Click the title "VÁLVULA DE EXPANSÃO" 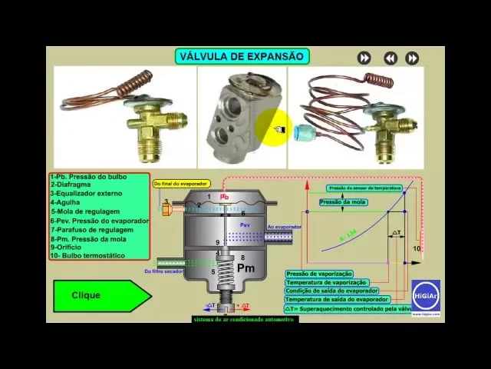(x=242, y=56)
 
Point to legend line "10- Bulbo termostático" (x=87, y=255)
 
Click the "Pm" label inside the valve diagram (x=245, y=268)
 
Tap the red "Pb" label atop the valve (x=225, y=197)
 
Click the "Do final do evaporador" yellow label (x=181, y=184)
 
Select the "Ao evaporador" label (x=285, y=227)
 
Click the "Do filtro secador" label (x=163, y=271)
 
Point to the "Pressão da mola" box (x=343, y=202)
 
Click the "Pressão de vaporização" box (x=319, y=274)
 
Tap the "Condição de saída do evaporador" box (x=331, y=291)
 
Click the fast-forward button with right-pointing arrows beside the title (x=364, y=58)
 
